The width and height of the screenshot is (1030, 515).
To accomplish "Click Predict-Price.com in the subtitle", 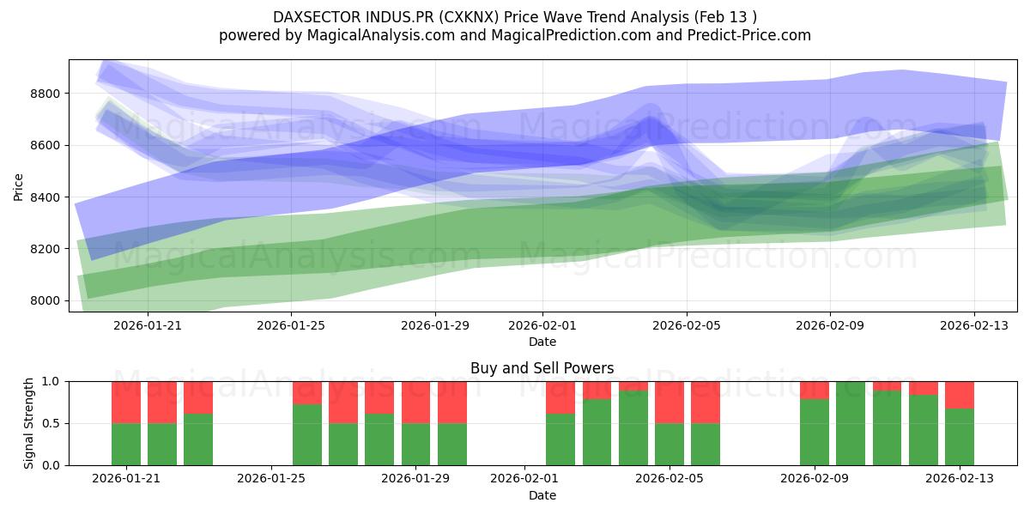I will coord(756,35).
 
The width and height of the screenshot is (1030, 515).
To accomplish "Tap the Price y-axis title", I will coord(18,185).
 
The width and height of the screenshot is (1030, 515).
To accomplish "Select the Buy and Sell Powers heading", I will coord(542,368).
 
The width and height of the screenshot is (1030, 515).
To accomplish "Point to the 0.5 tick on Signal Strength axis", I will coord(50,423).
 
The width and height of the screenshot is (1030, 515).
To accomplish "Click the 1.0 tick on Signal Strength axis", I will coord(50,381).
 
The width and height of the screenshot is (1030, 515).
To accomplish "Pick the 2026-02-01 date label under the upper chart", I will coord(542,325).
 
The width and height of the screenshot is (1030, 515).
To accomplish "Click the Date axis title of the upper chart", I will coord(542,342).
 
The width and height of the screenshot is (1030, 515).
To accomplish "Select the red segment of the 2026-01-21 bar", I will coord(126,402).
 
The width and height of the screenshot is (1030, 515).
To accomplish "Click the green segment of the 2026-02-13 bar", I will coord(960,437).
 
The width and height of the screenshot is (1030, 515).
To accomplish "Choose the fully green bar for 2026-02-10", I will coord(851,423).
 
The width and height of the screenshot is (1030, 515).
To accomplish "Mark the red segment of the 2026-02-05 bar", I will coord(669,402).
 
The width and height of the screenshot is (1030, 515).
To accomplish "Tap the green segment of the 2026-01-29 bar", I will coord(416,445).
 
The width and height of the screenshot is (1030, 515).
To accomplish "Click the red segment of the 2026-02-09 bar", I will coord(815,390).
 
